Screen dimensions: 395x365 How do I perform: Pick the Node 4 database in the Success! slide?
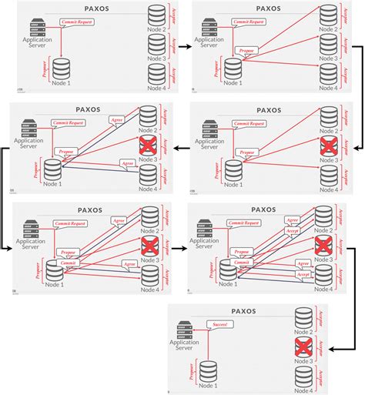[304, 376]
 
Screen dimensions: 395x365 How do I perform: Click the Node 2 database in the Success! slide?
[304, 317]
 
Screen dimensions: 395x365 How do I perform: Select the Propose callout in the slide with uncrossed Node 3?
[248, 50]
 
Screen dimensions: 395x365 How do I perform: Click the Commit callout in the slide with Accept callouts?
[242, 262]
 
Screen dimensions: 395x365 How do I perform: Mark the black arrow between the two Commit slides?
[176, 249]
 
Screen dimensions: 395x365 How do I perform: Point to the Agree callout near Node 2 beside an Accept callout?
[293, 219]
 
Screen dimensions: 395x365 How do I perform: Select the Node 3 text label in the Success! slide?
[304, 360]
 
